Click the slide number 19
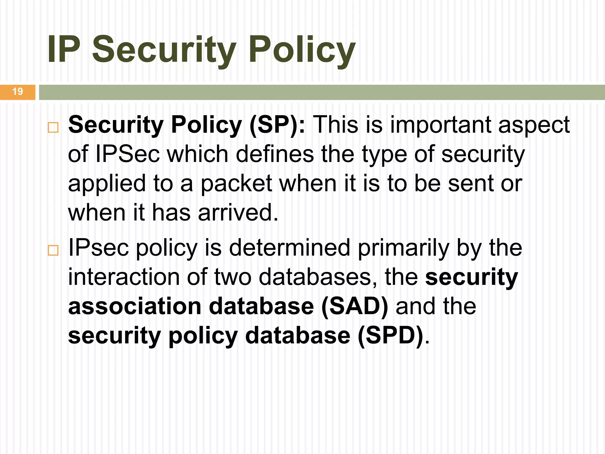[x=18, y=91]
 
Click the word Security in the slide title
[x=164, y=50]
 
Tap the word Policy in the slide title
[x=302, y=50]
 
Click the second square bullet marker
[x=53, y=250]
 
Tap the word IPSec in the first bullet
[x=128, y=154]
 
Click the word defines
[x=275, y=154]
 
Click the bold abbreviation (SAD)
[x=354, y=307]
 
